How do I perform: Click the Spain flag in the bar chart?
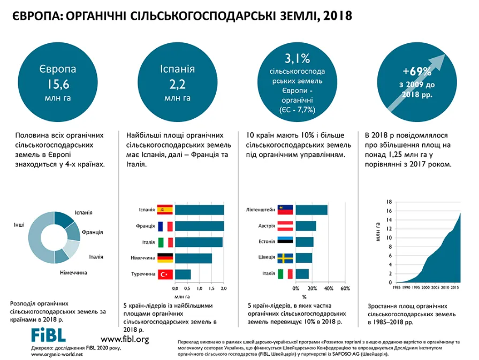(165, 210)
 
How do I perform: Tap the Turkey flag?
(165, 274)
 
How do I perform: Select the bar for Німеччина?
(193, 258)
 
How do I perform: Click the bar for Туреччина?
(183, 274)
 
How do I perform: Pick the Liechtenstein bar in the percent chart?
(311, 210)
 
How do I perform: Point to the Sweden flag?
(285, 258)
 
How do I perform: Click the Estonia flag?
(285, 240)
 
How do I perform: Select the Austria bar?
(306, 226)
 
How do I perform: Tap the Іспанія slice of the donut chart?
(63, 219)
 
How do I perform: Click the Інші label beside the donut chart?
(19, 225)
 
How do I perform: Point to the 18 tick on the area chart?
(389, 202)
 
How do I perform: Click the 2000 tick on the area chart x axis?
(425, 288)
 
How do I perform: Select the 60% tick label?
(345, 288)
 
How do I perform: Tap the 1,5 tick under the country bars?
(211, 288)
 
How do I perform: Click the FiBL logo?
(49, 335)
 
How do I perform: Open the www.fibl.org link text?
(125, 339)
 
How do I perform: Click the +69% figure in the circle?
(417, 71)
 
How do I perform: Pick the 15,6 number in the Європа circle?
(58, 85)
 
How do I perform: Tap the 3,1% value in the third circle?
(297, 58)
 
